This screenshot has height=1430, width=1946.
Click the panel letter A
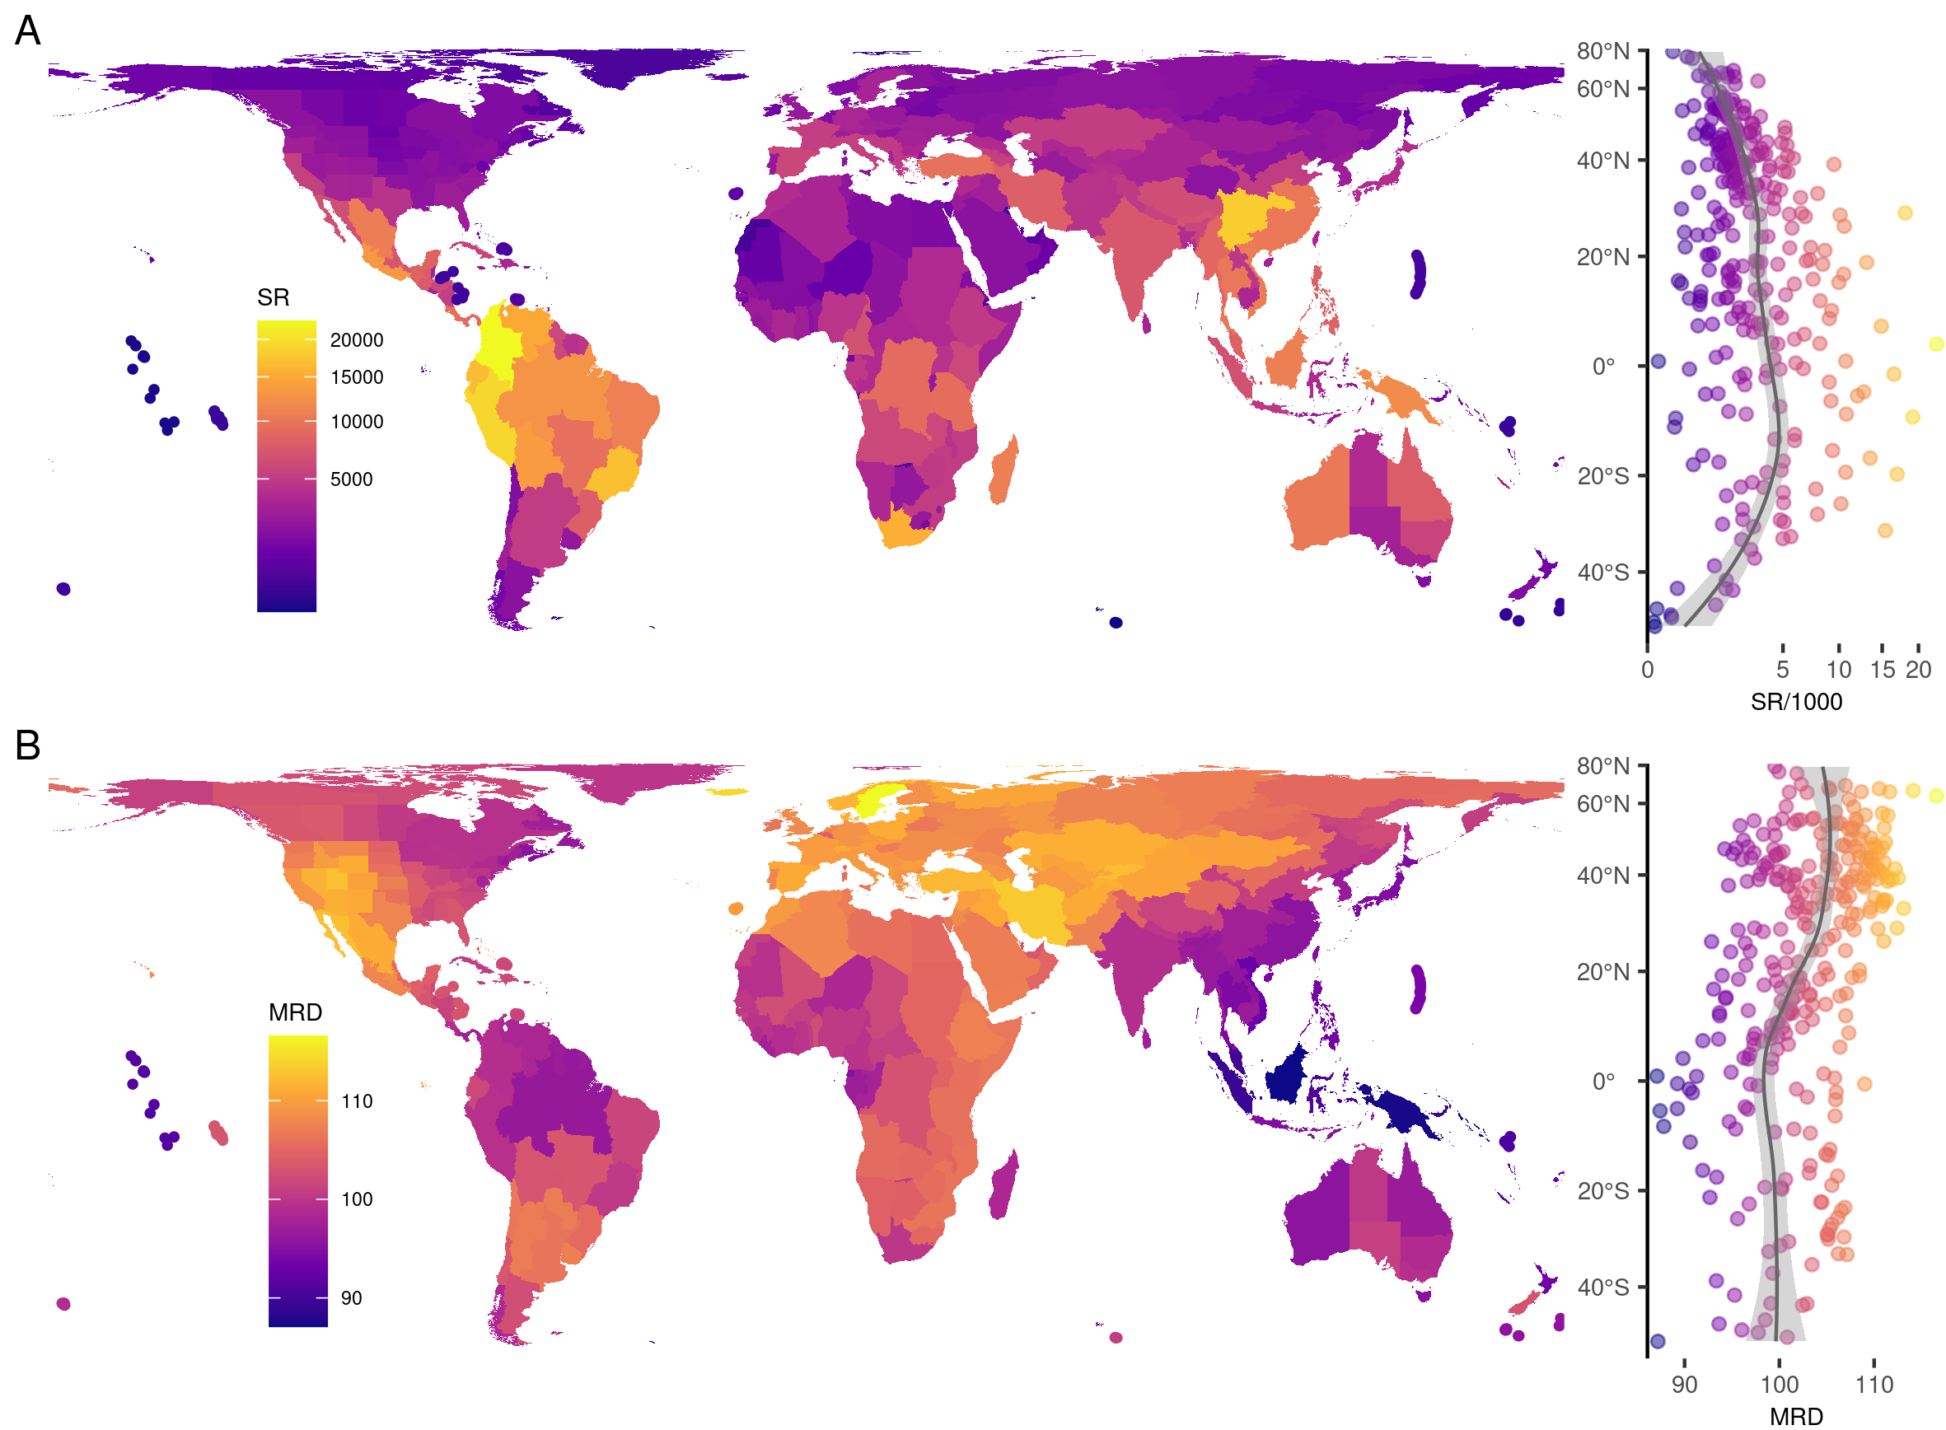[28, 31]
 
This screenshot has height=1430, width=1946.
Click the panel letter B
[28, 745]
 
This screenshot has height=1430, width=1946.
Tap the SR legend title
[273, 297]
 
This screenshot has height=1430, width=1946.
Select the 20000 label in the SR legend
[356, 340]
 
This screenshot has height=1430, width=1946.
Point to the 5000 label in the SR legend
[351, 479]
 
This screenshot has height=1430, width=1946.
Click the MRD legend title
[294, 1012]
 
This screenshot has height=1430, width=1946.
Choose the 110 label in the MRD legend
[356, 1102]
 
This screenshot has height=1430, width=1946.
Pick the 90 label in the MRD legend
[351, 1298]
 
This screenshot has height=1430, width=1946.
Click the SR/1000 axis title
[1795, 702]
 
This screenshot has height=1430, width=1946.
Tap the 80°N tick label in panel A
[1602, 51]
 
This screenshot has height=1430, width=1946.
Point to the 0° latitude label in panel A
[1603, 367]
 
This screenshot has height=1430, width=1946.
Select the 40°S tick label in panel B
[1602, 1288]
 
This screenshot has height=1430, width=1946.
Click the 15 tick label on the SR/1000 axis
[1882, 670]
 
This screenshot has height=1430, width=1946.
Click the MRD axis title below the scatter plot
[1795, 1417]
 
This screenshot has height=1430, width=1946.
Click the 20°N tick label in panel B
[1602, 972]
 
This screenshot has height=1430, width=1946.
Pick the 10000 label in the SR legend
[356, 422]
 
